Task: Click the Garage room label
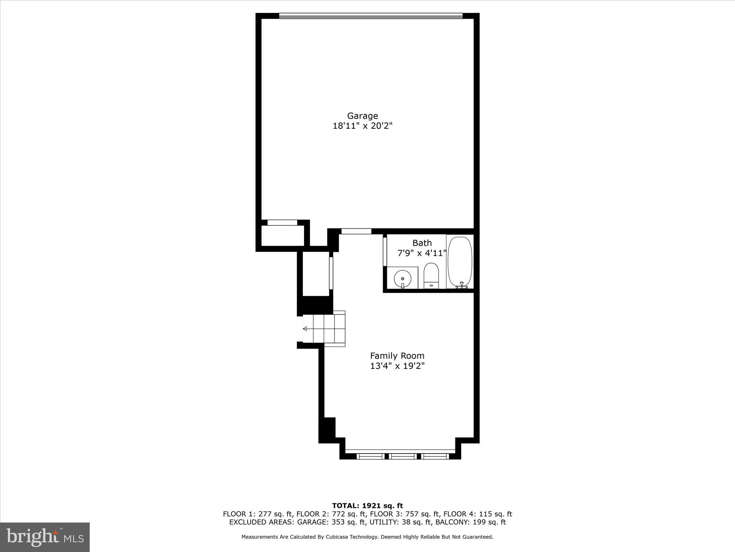point(362,116)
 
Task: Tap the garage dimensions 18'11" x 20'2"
point(362,126)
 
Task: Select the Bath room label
point(422,243)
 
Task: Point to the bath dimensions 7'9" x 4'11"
point(422,253)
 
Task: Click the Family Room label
point(397,356)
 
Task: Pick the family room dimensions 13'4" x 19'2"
point(397,366)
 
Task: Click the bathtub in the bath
point(460,262)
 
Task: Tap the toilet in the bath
point(431,276)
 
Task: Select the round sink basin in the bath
point(402,279)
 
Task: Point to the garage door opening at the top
point(371,16)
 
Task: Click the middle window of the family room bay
point(402,456)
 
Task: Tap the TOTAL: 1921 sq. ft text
point(367,506)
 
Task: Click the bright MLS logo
point(45,537)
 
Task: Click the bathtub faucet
point(462,285)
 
